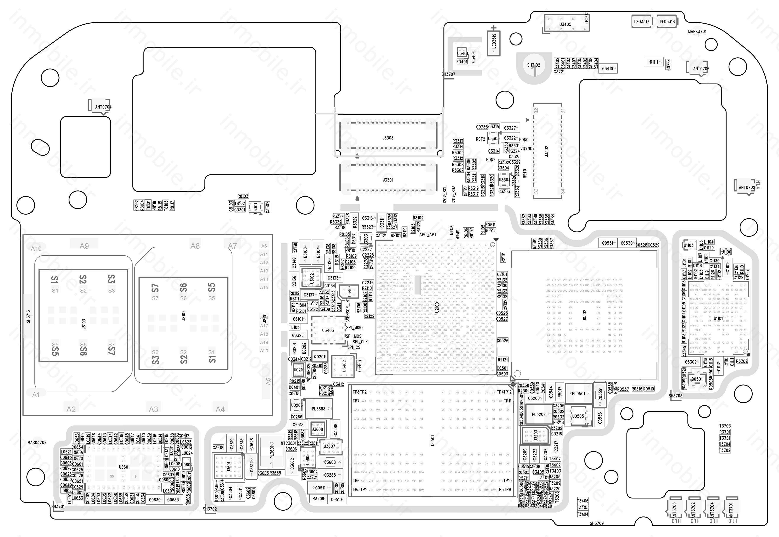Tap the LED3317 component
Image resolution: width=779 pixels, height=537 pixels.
coord(641,22)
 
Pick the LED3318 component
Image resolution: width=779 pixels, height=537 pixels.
coord(667,22)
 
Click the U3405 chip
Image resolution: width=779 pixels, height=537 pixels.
coord(565,24)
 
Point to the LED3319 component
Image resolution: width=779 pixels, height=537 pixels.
coord(494,43)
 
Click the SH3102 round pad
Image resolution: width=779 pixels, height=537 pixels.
coord(534,66)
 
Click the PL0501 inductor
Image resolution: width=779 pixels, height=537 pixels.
coord(578,393)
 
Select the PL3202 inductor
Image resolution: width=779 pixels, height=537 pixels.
coord(538,414)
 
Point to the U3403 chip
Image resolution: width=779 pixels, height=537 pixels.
coord(328,330)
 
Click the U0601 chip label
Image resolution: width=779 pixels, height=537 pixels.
coord(124,467)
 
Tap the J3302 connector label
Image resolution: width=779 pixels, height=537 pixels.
coord(546,151)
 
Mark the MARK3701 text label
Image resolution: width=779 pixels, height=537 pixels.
coord(697,32)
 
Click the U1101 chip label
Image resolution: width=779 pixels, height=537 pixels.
coord(718,318)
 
